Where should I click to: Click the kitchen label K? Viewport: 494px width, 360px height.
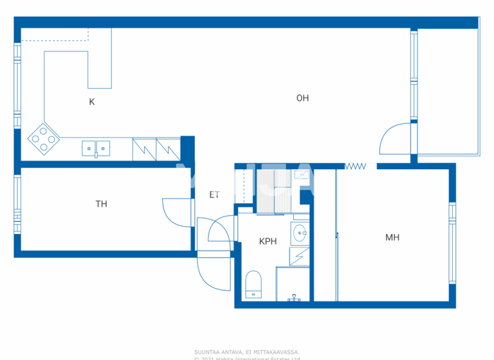point(92,102)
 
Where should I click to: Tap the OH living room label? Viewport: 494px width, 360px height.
point(302,98)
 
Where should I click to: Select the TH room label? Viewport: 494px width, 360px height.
point(101,204)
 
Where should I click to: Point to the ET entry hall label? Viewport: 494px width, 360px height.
point(214,195)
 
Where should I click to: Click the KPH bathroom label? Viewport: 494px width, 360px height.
point(268,242)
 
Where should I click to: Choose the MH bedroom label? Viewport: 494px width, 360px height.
point(392,237)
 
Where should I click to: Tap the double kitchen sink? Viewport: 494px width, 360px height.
point(96,148)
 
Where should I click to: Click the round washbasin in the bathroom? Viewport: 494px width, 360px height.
point(300,233)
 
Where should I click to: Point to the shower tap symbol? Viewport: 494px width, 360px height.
point(295,297)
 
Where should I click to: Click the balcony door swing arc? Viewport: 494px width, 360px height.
point(392,138)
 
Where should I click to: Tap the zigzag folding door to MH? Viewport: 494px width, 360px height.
point(355,166)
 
